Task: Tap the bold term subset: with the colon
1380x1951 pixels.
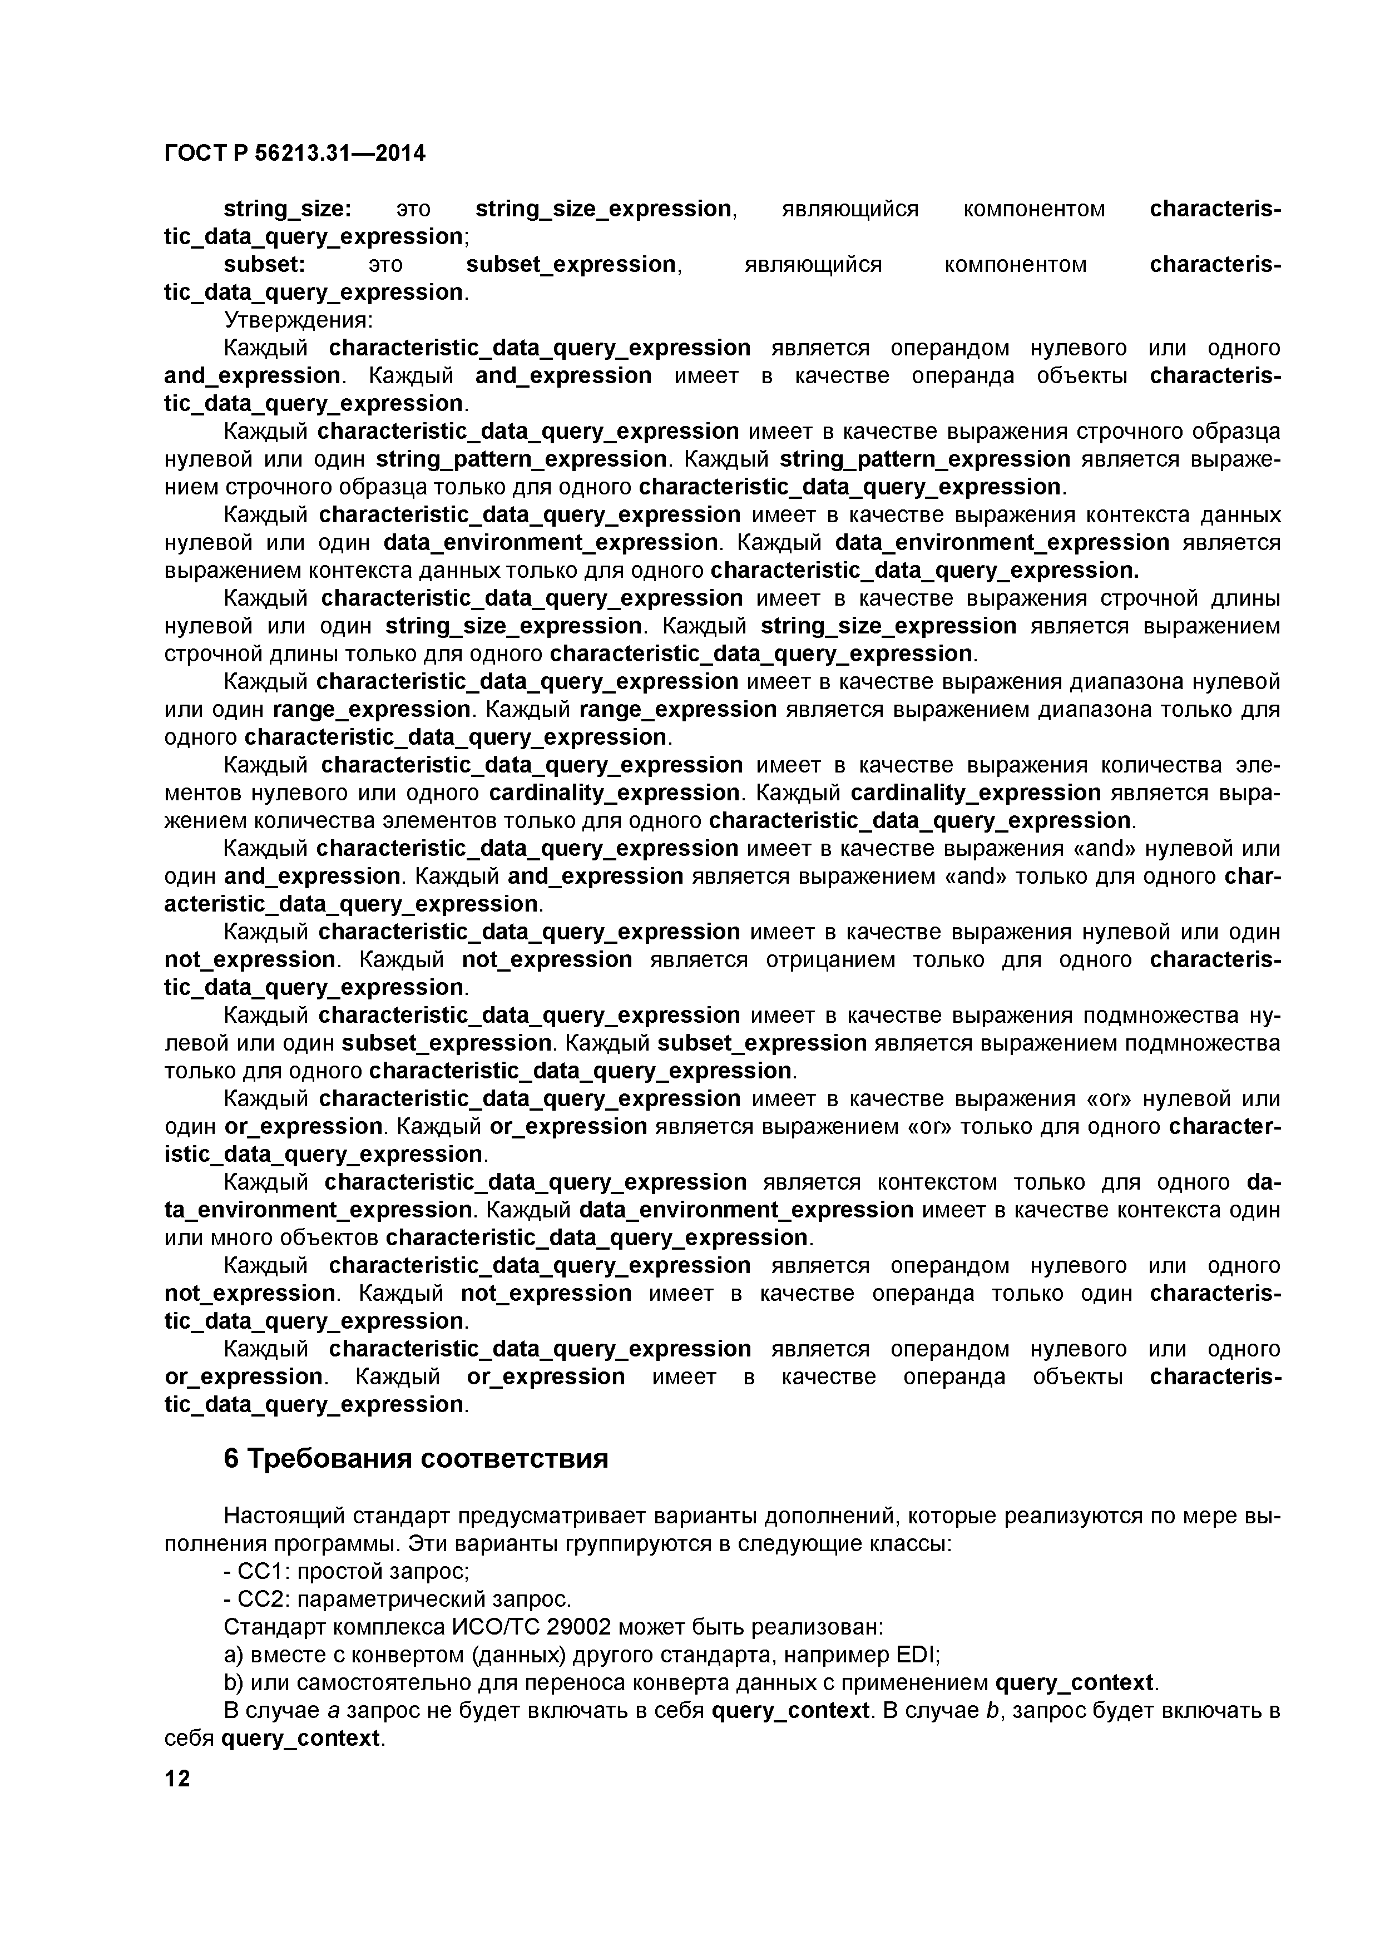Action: pos(264,265)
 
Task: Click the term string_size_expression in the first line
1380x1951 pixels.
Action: pos(604,209)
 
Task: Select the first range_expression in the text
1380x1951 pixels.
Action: pos(372,710)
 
